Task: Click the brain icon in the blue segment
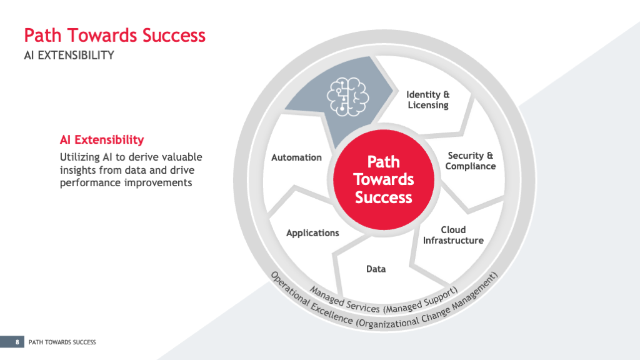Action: (347, 97)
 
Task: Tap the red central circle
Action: (384, 179)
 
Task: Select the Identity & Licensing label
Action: (427, 100)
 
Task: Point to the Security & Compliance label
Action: (470, 161)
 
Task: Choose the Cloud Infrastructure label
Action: (453, 235)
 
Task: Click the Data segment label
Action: (376, 269)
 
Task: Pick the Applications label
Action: (312, 233)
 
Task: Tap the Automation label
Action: (296, 157)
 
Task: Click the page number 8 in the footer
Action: (17, 342)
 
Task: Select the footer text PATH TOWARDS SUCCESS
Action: (62, 342)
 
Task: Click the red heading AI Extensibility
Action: (102, 139)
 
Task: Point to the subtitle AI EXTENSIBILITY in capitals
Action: (69, 55)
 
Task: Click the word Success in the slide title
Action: (174, 35)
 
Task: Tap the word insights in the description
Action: (78, 170)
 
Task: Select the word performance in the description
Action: (91, 183)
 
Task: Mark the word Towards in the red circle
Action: (384, 179)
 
